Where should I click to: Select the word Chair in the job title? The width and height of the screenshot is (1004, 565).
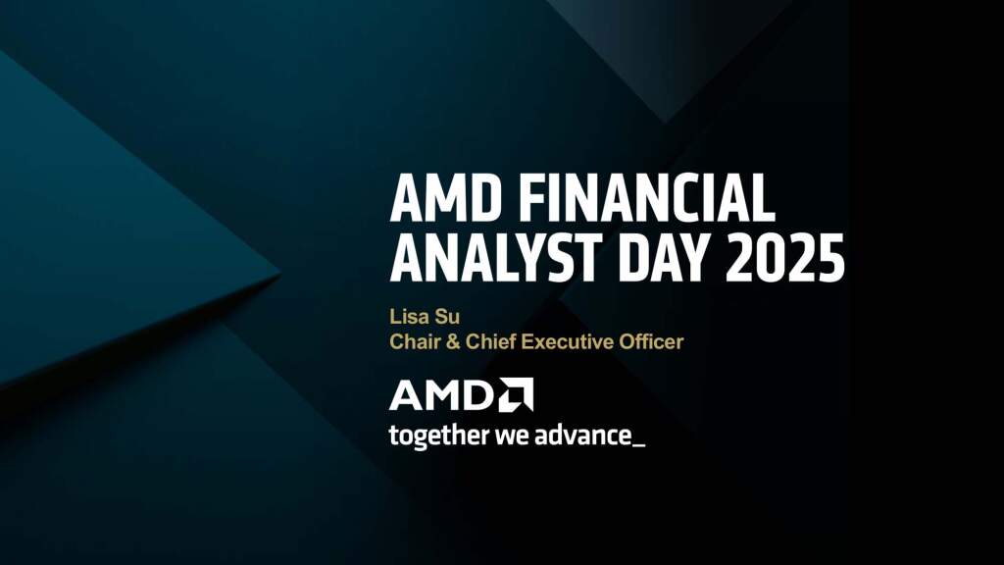pyautogui.click(x=411, y=342)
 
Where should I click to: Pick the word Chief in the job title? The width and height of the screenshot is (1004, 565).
pyautogui.click(x=479, y=342)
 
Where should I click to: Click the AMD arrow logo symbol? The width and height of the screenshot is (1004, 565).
pyautogui.click(x=516, y=394)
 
